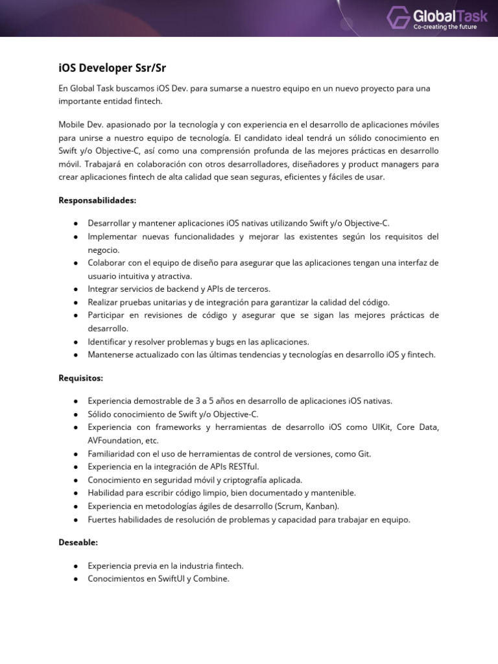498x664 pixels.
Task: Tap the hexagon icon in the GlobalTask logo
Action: coord(399,18)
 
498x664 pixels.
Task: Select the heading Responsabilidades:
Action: coord(97,200)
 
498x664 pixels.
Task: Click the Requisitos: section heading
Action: coord(81,377)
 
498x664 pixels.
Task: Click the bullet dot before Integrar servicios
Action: coord(77,289)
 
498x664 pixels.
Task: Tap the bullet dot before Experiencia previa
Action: coord(77,565)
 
